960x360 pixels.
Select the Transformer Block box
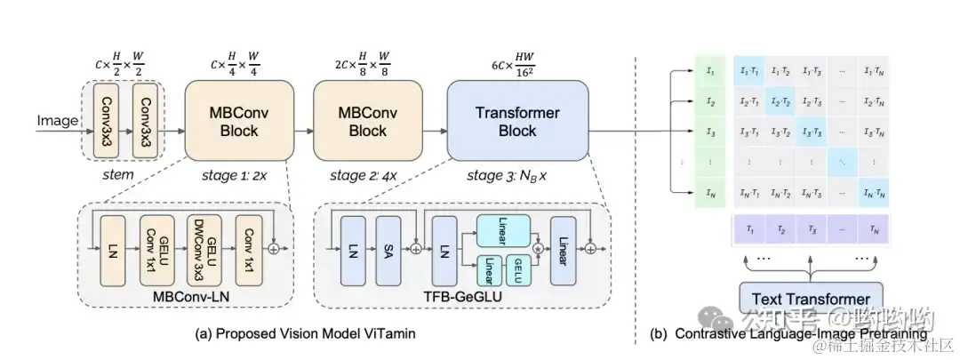[517, 122]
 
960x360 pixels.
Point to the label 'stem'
[117, 174]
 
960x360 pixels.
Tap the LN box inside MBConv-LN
[114, 250]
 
